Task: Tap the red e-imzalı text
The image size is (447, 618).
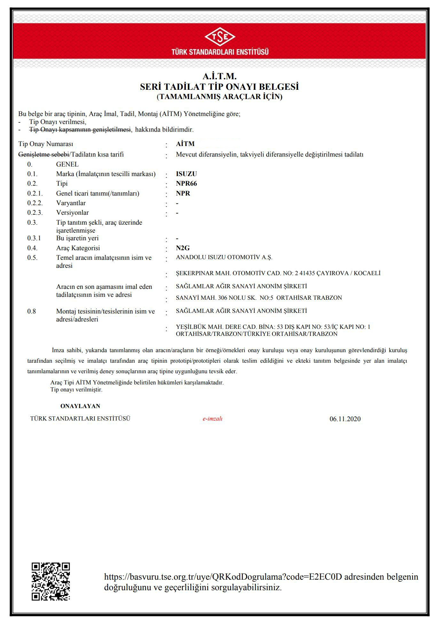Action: point(212,419)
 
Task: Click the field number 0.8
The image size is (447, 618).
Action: point(31,311)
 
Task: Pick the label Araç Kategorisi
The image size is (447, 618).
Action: point(78,248)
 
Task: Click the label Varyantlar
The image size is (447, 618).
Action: point(71,203)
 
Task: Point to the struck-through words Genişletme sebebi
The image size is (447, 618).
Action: point(43,155)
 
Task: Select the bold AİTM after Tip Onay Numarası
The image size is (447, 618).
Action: point(185,144)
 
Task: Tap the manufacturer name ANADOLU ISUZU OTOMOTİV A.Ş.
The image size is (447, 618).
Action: point(224,257)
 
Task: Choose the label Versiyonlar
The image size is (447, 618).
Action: point(72,213)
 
